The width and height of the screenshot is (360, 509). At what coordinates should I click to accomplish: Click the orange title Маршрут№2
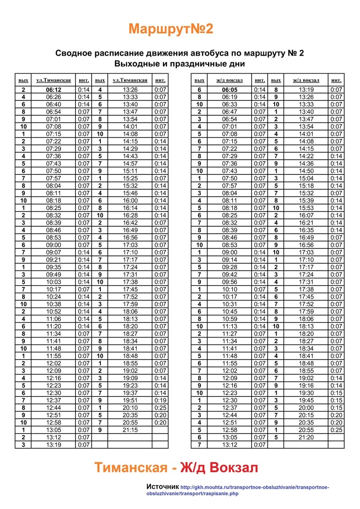pyautogui.click(x=171, y=29)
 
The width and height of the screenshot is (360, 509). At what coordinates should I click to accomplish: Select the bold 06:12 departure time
pyautogui.click(x=54, y=90)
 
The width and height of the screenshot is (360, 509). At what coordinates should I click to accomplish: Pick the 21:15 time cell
pyautogui.click(x=130, y=430)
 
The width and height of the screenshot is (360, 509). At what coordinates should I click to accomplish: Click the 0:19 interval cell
pyautogui.click(x=160, y=400)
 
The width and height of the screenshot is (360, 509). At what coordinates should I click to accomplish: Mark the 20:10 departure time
pyautogui.click(x=130, y=408)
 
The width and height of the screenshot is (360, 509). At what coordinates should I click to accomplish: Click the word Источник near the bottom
pyautogui.click(x=163, y=486)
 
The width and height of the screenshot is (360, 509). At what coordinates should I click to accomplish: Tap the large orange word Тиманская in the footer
pyautogui.click(x=130, y=468)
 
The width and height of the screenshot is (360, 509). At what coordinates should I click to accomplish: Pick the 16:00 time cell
pyautogui.click(x=130, y=200)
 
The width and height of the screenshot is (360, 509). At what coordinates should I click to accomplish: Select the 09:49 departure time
pyautogui.click(x=54, y=274)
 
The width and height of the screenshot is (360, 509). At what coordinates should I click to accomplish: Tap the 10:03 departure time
pyautogui.click(x=54, y=281)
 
